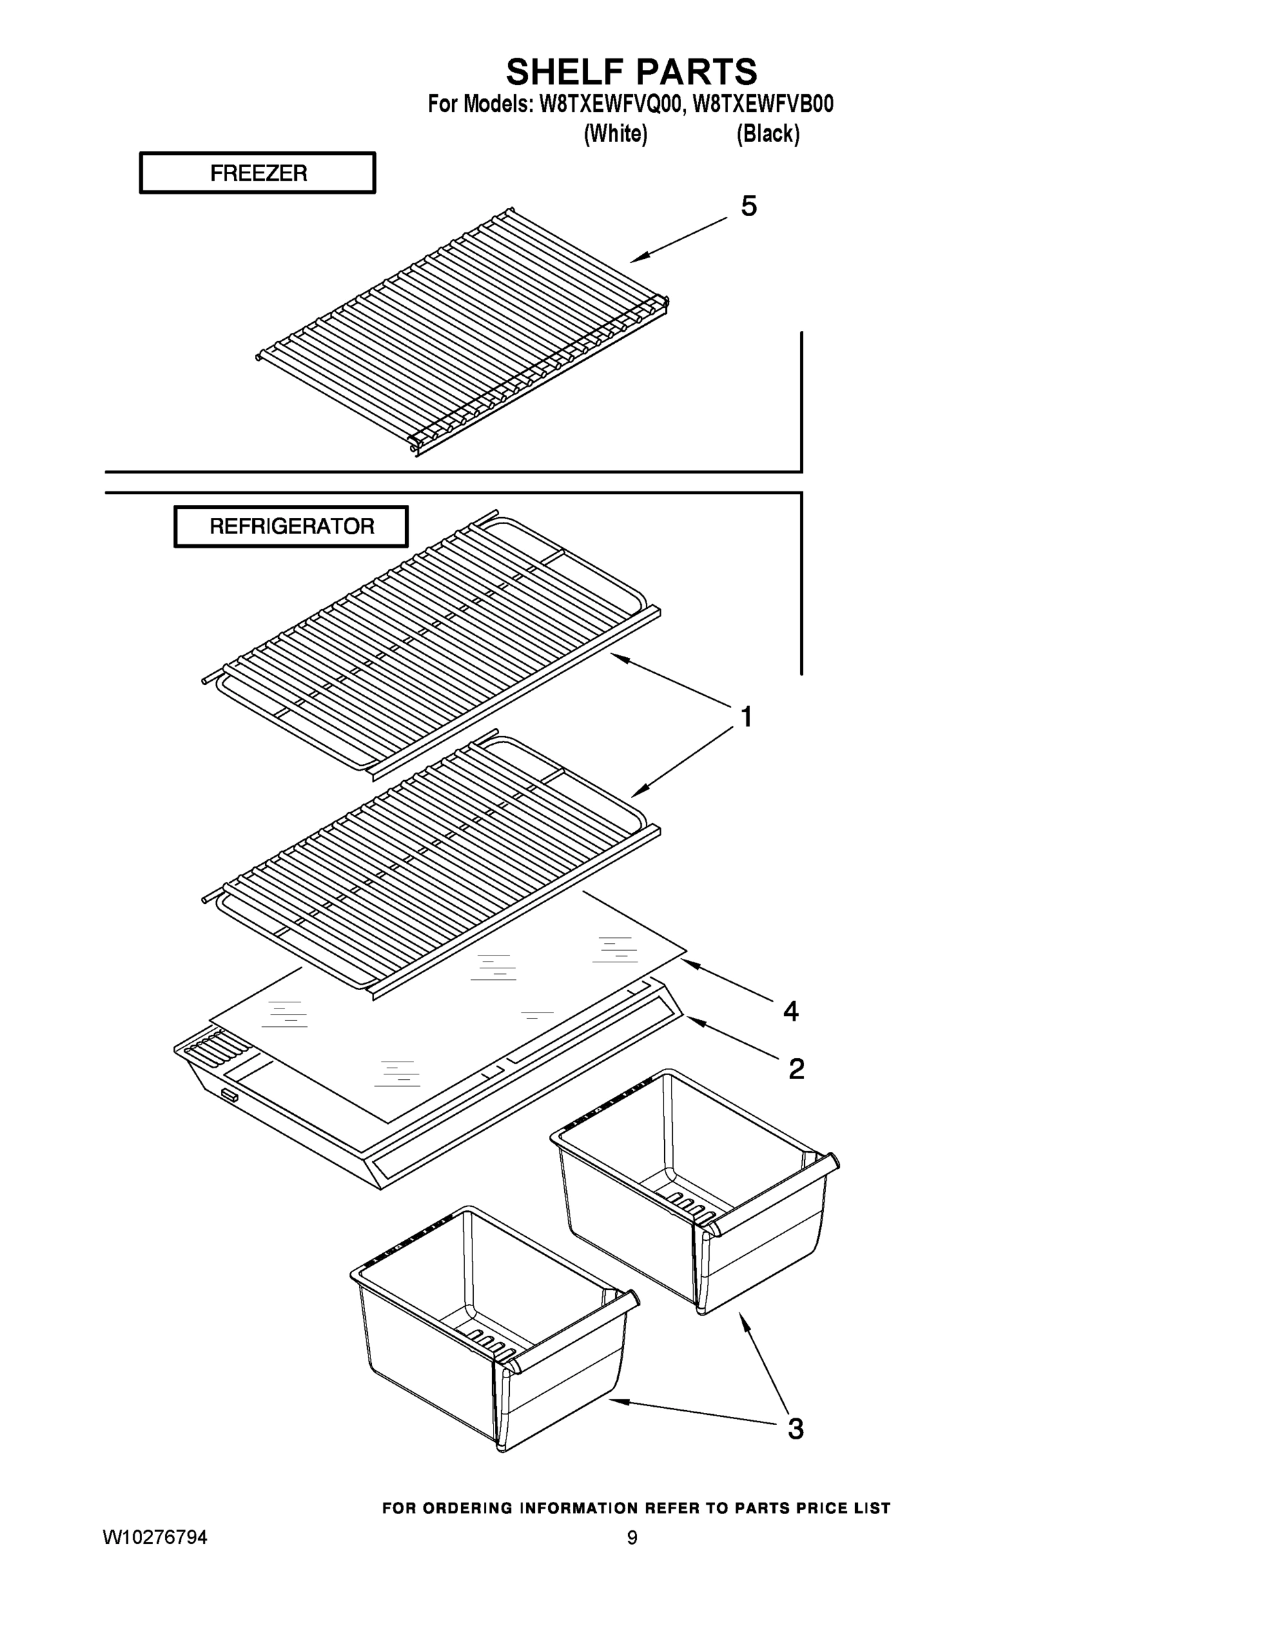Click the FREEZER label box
[258, 173]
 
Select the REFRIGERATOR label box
[292, 527]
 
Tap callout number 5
[748, 206]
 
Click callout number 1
[746, 717]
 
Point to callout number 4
[791, 1011]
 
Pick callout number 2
[796, 1070]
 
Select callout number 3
[795, 1428]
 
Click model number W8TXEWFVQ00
[609, 105]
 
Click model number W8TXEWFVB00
[763, 105]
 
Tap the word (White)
[615, 135]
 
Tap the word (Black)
[767, 135]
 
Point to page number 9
[632, 1538]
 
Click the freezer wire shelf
[463, 332]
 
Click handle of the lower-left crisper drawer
[572, 1331]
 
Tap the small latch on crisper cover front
[228, 1096]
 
